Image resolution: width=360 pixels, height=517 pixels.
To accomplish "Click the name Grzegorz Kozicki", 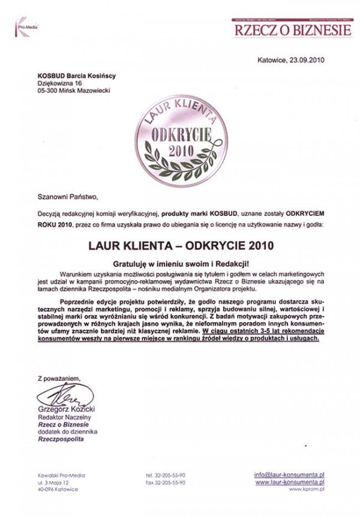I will point(64,408).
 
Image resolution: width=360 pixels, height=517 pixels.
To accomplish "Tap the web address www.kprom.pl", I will point(307,489).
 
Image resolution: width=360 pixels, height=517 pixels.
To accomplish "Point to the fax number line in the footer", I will point(166,482).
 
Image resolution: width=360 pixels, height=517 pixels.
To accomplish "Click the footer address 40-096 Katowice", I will point(55,489).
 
